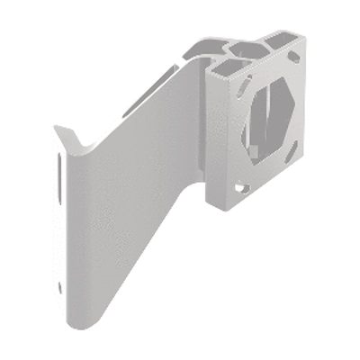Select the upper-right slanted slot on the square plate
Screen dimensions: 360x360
tap(293, 57)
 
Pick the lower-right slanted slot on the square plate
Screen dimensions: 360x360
tap(292, 155)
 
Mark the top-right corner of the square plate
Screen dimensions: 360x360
tap(304, 36)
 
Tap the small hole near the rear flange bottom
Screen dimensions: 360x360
tap(60, 287)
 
